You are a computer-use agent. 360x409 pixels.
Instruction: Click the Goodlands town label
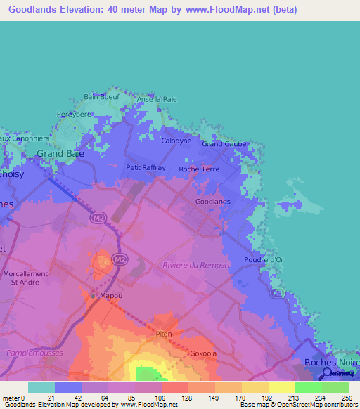coord(212,202)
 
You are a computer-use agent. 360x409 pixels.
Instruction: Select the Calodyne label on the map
coord(176,141)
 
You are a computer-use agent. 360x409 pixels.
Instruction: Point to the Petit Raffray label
coord(146,168)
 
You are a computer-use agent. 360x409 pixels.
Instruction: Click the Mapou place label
coord(109,296)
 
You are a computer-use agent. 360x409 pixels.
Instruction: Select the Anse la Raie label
coord(157,99)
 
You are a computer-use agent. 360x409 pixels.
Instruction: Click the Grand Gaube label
coord(224,144)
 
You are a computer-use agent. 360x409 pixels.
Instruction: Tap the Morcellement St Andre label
coord(25,278)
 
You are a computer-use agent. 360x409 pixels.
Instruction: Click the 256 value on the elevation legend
coord(347,398)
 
